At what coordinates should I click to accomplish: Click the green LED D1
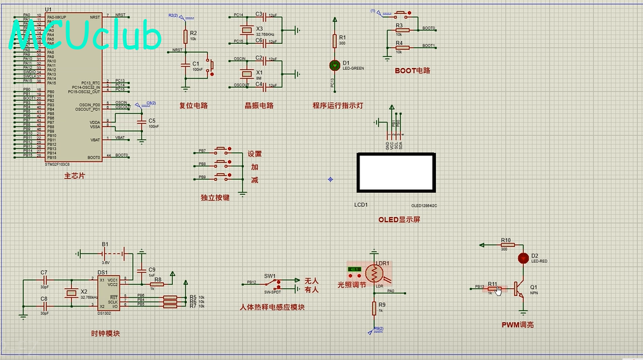pos(335,65)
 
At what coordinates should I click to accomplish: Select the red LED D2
pos(523,258)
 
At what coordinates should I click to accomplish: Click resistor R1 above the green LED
pos(335,41)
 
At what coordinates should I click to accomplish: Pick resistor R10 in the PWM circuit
pos(506,244)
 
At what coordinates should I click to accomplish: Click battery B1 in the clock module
pos(105,253)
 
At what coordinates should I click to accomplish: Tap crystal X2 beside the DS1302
pos(71,293)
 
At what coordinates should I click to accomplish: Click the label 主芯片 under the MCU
pos(74,176)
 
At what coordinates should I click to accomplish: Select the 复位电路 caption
pos(193,105)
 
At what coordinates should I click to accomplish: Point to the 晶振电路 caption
pos(259,105)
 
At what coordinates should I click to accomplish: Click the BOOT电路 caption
pos(412,71)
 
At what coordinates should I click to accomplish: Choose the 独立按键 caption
pos(215,198)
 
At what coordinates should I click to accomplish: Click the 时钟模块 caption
pos(105,333)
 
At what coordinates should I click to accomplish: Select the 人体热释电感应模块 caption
pos(272,307)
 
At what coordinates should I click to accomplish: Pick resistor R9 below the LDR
pos(374,308)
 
